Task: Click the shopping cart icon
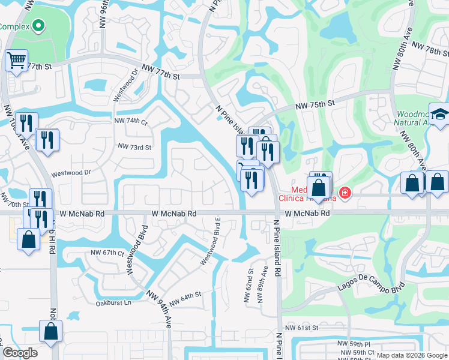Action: point(16,60)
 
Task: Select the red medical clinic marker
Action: point(345,193)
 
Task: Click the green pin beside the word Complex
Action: point(38,26)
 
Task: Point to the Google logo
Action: point(19,353)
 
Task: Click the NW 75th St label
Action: point(315,105)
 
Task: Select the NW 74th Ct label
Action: point(131,121)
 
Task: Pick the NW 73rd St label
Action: point(134,146)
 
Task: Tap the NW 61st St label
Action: point(301,328)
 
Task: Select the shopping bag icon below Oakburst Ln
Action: point(51,331)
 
